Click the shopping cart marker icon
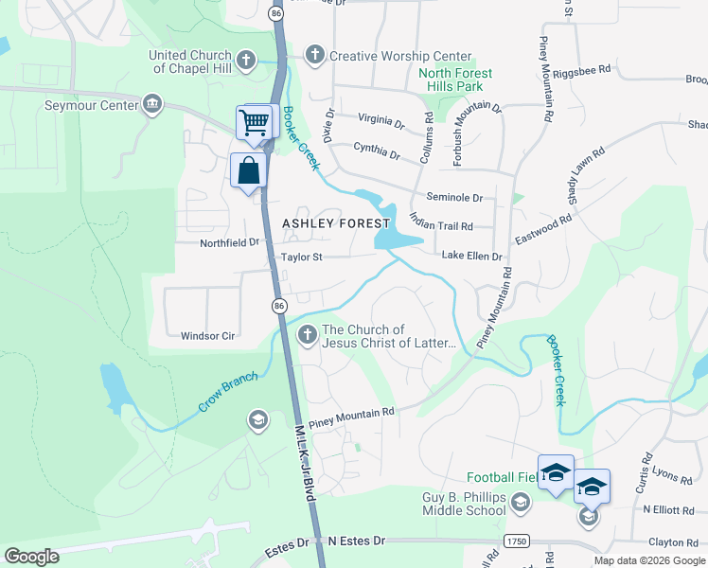coord(254,122)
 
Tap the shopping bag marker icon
coord(249,171)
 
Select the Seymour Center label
coord(92,105)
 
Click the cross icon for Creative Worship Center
coord(315,56)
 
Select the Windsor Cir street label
coord(207,335)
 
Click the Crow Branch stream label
coord(227,392)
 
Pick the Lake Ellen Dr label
coord(471,257)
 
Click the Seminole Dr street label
coord(454,198)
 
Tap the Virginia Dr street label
coord(381,120)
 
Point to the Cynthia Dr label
coord(377,148)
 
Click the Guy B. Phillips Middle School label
coord(464,504)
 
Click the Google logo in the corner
coord(31,557)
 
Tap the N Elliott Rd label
coord(668,510)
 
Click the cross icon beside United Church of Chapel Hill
coord(245,62)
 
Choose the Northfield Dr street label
coord(229,242)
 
